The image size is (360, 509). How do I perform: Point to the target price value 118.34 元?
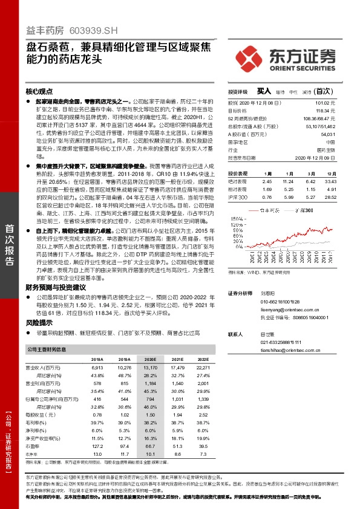click(x=324, y=111)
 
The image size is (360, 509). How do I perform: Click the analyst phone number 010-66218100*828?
click(x=280, y=301)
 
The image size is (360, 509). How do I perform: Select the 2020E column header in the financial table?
click(x=150, y=358)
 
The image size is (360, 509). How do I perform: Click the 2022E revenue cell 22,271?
click(x=203, y=368)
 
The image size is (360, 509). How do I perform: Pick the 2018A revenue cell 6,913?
click(x=97, y=368)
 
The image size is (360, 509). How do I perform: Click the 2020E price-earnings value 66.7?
click(x=151, y=445)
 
